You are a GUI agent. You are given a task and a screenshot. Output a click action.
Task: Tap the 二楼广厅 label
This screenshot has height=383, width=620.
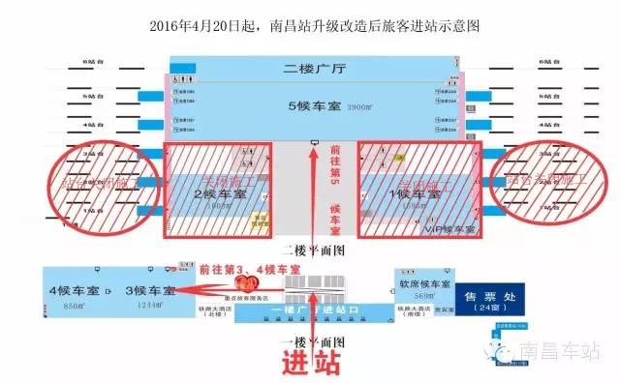(315, 70)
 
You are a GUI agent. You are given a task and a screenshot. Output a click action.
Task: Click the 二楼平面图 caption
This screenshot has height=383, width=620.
(311, 248)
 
